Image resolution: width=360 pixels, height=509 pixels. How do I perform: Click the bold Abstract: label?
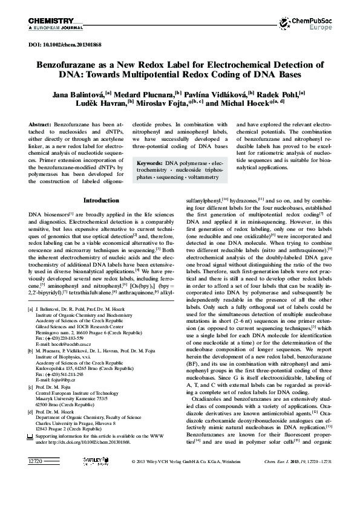point(39,123)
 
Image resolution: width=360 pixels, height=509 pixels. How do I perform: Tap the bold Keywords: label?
point(151,163)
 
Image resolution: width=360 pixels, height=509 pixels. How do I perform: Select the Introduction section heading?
point(101,183)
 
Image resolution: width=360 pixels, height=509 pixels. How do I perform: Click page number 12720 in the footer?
point(37,495)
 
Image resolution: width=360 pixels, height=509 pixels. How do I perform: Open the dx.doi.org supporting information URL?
point(85,476)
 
